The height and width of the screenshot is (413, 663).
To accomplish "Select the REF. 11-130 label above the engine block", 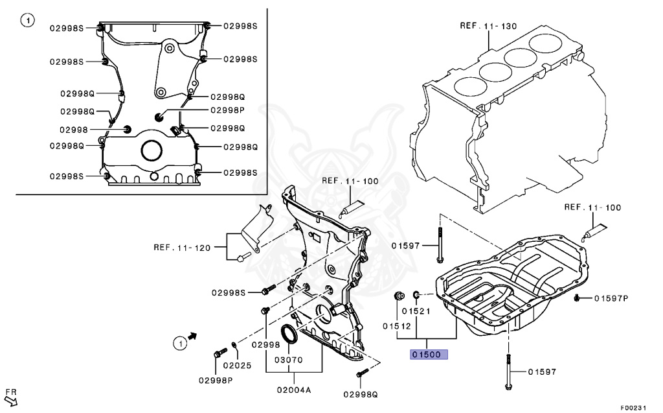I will pos(488,27).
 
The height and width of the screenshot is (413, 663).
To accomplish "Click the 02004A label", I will pos(295,390).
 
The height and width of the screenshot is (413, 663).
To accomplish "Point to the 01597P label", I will pos(611,299).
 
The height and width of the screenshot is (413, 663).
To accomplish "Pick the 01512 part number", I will pos(396,325).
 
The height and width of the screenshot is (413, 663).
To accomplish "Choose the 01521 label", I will pos(428,311).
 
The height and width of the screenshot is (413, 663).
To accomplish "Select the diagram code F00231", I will pos(633,407).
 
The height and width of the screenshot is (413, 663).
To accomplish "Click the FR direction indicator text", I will pos(11,393).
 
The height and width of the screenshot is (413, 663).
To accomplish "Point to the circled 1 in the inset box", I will pos(27,21).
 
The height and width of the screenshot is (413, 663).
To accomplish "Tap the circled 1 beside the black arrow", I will pos(178,342).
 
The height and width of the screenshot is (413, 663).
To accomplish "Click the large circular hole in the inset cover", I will pos(152,150).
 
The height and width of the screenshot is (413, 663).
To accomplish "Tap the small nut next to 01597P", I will pos(576,298).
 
